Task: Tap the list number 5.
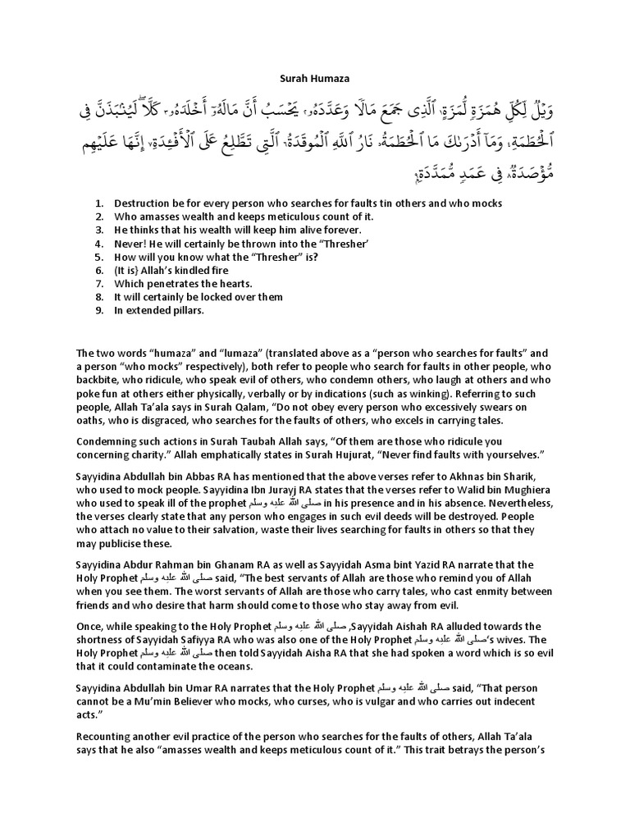99,257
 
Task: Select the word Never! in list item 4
131,244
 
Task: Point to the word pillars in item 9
184,311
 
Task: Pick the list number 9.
99,311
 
